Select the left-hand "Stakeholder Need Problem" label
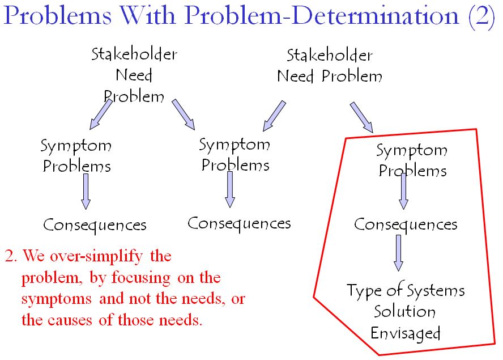134,75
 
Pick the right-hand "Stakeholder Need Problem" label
330,66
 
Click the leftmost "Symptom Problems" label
76,155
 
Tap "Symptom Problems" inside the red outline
412,160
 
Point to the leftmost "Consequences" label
95,225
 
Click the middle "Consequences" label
239,223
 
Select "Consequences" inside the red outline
406,225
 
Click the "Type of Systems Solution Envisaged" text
406,311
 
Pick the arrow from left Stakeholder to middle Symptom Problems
184,113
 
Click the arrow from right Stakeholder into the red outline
361,117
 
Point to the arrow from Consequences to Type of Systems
399,252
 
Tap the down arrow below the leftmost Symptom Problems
86,191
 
